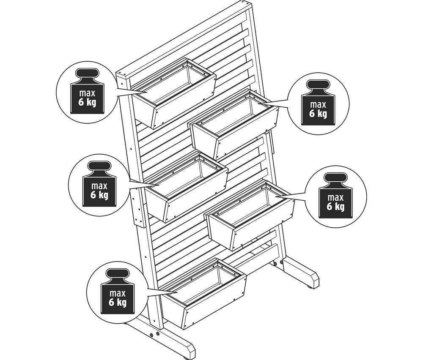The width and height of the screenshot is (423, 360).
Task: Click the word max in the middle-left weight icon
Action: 99,186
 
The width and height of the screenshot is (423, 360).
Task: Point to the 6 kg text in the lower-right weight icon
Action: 335,206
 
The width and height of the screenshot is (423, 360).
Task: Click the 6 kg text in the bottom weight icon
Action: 118,302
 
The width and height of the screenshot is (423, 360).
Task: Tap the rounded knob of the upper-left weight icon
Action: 87,73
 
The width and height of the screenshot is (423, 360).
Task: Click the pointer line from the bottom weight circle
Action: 162,291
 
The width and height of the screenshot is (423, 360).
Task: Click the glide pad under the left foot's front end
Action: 185,358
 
